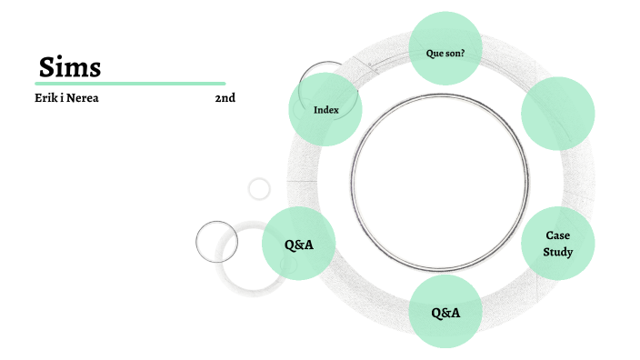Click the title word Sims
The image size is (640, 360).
pyautogui.click(x=70, y=66)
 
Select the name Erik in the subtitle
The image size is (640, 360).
pyautogui.click(x=45, y=98)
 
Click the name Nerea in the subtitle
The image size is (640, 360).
pyautogui.click(x=80, y=98)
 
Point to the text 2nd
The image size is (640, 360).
pyautogui.click(x=225, y=98)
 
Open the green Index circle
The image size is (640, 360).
pyautogui.click(x=325, y=109)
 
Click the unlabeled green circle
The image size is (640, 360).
pyautogui.click(x=557, y=113)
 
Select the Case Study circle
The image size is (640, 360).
pyautogui.click(x=557, y=243)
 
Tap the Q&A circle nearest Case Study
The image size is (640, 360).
pyautogui.click(x=445, y=312)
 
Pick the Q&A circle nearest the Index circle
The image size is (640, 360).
pyautogui.click(x=299, y=244)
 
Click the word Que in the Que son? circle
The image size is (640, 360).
pyautogui.click(x=435, y=53)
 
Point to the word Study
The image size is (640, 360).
pyautogui.click(x=557, y=251)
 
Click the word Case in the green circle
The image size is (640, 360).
pyautogui.click(x=557, y=235)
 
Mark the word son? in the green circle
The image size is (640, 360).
pyautogui.click(x=455, y=53)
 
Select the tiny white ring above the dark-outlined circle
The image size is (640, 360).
pyautogui.click(x=260, y=188)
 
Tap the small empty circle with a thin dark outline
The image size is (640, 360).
pyautogui.click(x=216, y=242)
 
